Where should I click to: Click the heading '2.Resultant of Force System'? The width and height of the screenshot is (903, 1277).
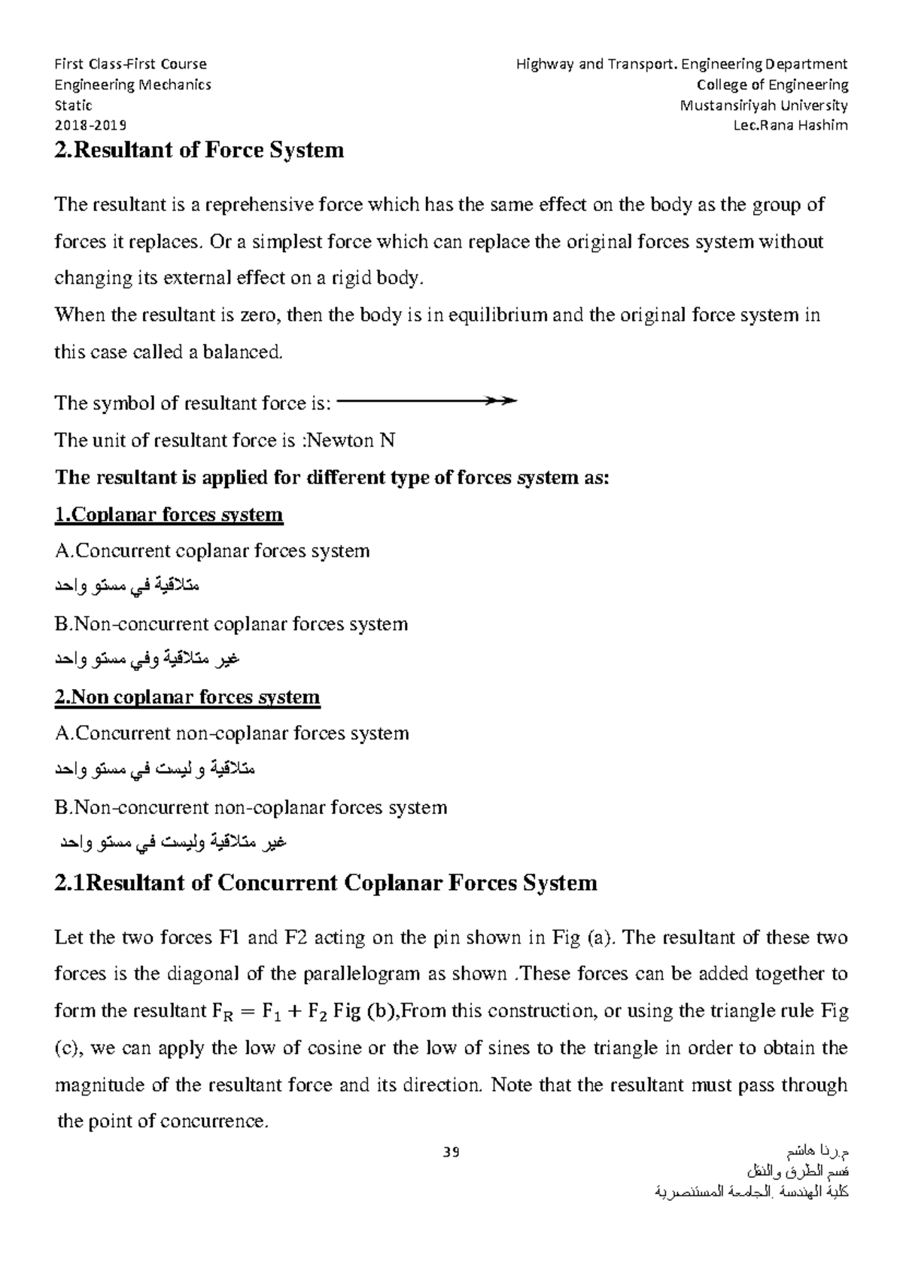pyautogui.click(x=199, y=150)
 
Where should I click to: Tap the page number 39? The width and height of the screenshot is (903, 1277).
pyautogui.click(x=451, y=1152)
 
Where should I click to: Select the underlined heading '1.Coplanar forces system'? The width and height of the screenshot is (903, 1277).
pyautogui.click(x=169, y=515)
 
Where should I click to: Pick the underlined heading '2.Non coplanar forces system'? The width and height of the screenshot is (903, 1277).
pyautogui.click(x=187, y=697)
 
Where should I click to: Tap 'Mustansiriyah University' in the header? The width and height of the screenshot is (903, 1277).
pyautogui.click(x=764, y=105)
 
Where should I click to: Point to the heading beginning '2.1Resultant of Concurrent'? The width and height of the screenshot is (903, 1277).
pyautogui.click(x=326, y=882)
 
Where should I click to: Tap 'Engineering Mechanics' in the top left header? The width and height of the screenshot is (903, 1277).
pyautogui.click(x=133, y=85)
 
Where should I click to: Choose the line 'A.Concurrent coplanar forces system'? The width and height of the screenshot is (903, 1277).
pyautogui.click(x=212, y=551)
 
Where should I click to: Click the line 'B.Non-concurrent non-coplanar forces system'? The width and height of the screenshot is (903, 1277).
pyautogui.click(x=251, y=808)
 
